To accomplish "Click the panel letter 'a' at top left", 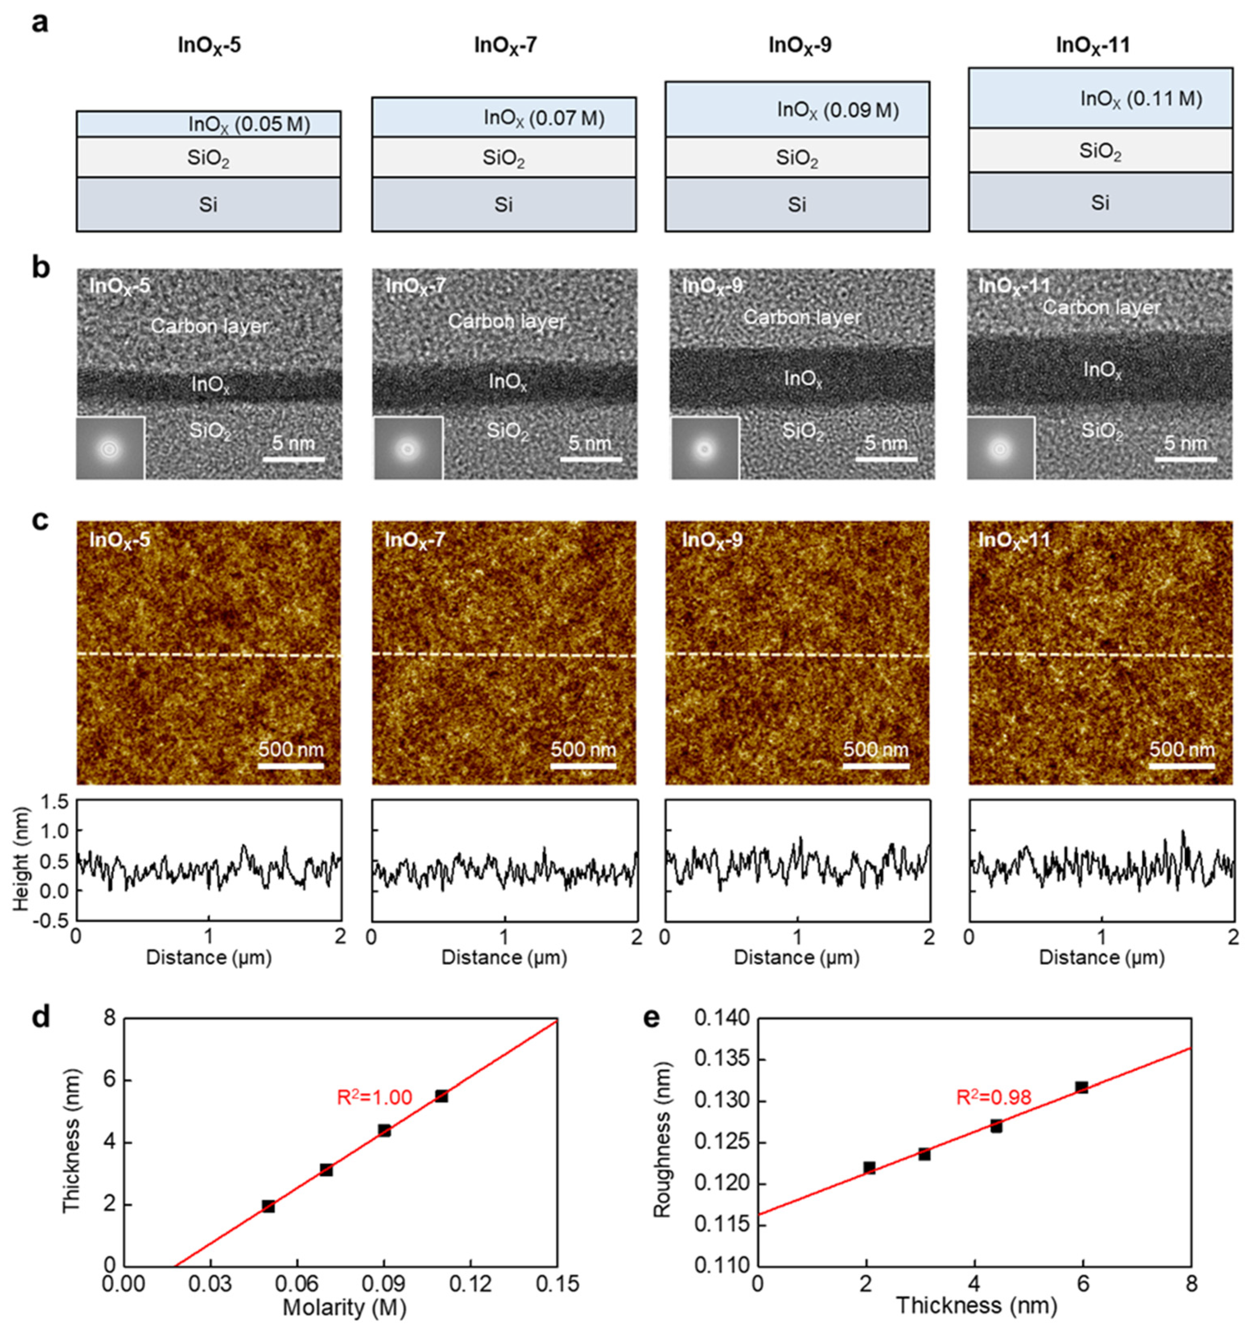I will pos(41,23).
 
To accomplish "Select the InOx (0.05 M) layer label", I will pos(249,124).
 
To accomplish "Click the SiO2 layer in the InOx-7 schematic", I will pos(503,158).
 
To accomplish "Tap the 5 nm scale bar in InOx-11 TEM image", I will pos(1186,458).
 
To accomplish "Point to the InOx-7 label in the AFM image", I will pos(414,539).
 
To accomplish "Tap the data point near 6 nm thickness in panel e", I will pos(1081,1087).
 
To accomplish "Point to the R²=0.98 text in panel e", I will pos(993,1098).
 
